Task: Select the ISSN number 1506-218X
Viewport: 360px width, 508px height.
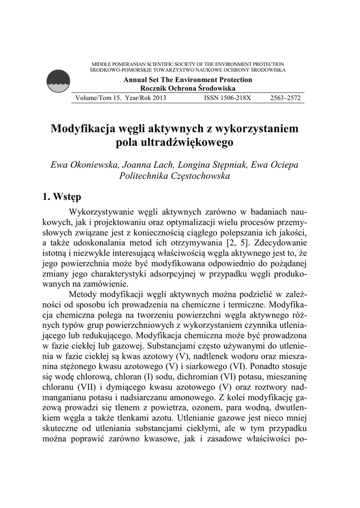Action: coord(227,98)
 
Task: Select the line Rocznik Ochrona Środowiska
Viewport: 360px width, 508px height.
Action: coord(188,87)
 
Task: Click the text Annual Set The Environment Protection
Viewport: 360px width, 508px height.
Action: coord(188,80)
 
